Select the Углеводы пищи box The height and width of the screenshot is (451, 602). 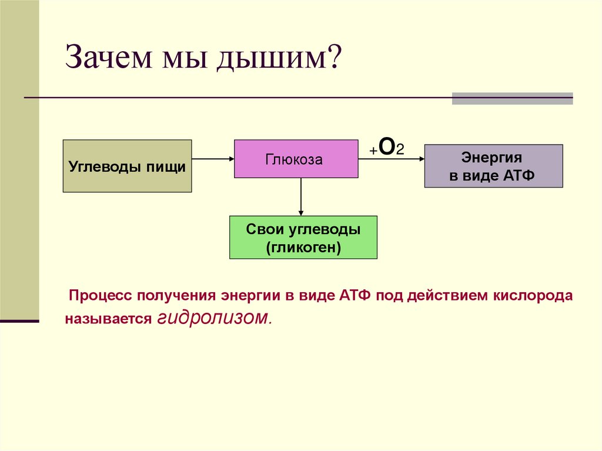(127, 166)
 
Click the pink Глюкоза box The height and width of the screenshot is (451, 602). (296, 159)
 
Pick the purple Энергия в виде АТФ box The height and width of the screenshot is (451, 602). (493, 166)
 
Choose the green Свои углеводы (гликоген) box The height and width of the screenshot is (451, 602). (303, 238)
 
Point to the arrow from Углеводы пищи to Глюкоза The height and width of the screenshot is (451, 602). (213, 159)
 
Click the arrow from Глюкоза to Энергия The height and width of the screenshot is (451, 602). (391, 159)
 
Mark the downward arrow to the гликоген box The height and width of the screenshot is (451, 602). (301, 197)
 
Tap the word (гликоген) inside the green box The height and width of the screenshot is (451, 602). (303, 248)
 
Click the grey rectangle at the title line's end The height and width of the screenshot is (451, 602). (512, 98)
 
